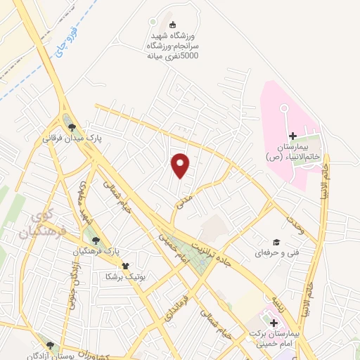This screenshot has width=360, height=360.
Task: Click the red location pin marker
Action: coord(181,165)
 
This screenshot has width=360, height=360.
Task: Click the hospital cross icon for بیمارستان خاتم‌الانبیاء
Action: coord(292,136)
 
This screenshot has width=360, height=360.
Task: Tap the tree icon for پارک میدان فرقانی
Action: coord(72,127)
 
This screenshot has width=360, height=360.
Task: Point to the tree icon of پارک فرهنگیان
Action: coord(96,240)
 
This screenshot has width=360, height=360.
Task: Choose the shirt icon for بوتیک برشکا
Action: coord(125,266)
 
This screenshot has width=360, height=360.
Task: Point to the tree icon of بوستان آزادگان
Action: coord(50,345)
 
